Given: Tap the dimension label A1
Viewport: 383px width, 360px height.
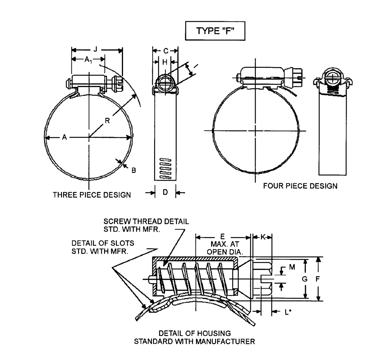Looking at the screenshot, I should pyautogui.click(x=88, y=60).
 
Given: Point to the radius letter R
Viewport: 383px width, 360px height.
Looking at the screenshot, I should pyautogui.click(x=107, y=121).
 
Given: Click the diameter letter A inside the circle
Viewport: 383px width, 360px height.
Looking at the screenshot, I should pyautogui.click(x=64, y=137).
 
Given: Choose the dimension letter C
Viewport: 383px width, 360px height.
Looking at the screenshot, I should pyautogui.click(x=165, y=50).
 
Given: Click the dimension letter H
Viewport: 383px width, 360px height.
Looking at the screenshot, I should pyautogui.click(x=165, y=62).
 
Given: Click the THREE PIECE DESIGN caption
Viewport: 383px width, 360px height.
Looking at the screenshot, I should pyautogui.click(x=92, y=195).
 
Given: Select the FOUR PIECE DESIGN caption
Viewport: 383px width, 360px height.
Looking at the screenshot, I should pyautogui.click(x=300, y=186).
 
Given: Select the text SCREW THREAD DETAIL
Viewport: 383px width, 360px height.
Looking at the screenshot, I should pyautogui.click(x=146, y=221).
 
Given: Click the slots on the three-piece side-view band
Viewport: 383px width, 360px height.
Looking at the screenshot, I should pyautogui.click(x=165, y=168).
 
